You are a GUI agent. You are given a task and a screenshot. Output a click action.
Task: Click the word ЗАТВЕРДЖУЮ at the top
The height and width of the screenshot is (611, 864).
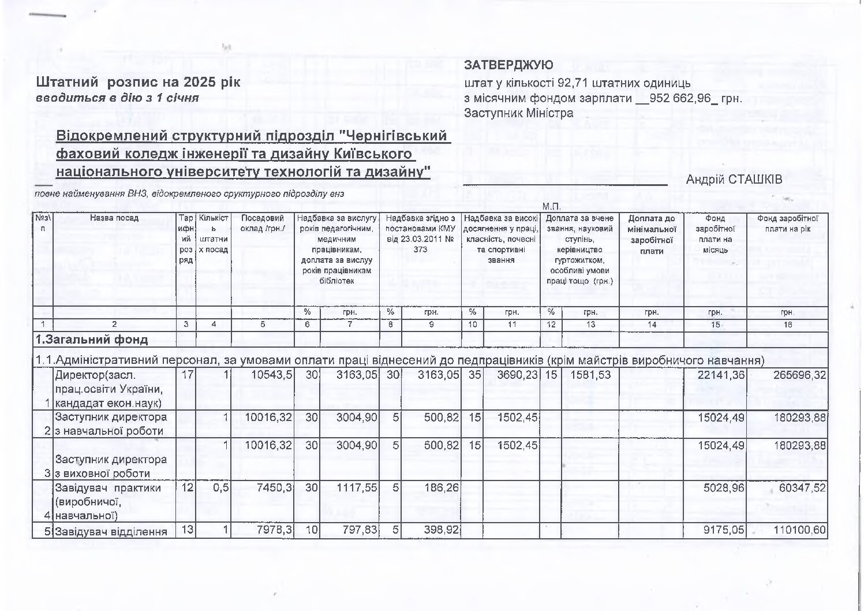tap(508, 66)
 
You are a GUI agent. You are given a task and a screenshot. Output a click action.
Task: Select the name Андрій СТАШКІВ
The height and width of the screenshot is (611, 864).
tap(734, 180)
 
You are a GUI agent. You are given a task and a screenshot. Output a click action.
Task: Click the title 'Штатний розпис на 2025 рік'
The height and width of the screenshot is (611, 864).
tap(138, 81)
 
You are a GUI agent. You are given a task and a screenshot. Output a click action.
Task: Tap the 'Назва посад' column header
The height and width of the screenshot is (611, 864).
tap(114, 218)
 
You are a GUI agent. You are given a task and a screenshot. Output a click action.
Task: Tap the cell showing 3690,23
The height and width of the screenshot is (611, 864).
tap(517, 375)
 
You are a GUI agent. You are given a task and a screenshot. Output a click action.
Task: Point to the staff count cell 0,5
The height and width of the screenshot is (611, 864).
tap(220, 488)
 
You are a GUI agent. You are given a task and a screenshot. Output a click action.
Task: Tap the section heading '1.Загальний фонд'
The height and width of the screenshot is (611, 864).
tap(92, 340)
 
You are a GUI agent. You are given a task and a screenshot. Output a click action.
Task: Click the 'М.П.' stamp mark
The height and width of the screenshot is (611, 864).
tap(551, 206)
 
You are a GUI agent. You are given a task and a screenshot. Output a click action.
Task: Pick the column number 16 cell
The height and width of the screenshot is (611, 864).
tap(787, 325)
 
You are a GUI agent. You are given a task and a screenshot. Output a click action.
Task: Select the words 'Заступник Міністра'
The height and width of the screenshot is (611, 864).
tap(519, 113)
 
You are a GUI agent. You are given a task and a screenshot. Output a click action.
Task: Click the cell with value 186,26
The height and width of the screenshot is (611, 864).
tap(442, 488)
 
